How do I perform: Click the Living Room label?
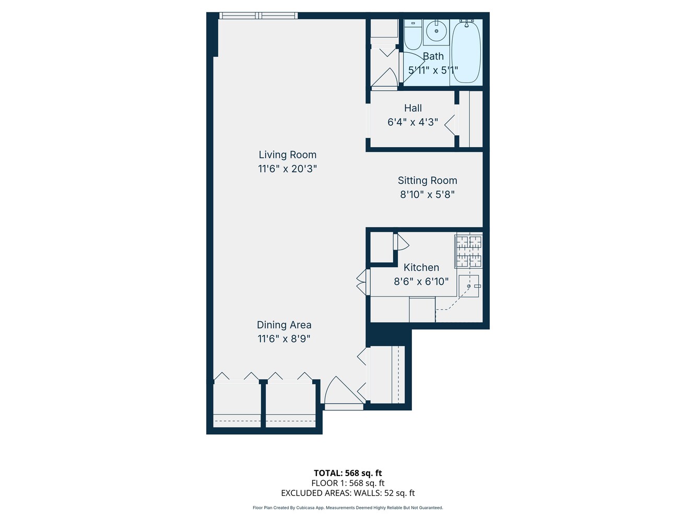(287, 155)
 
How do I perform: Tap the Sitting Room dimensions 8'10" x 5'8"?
(427, 194)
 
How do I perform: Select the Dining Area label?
(284, 325)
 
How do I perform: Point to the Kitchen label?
(421, 267)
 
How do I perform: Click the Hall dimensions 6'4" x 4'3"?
(412, 122)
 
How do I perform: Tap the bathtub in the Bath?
(466, 51)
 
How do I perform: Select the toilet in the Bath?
(413, 34)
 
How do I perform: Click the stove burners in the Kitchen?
(469, 251)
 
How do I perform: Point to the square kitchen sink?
(469, 286)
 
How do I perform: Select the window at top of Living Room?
(258, 16)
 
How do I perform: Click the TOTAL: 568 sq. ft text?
(348, 473)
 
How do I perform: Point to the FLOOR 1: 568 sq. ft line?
(348, 483)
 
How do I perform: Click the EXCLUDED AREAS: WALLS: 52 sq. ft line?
(348, 493)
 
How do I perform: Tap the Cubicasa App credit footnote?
(348, 508)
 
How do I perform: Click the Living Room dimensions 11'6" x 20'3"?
(287, 169)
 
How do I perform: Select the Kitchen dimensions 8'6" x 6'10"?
(421, 281)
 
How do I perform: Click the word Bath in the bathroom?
(433, 56)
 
